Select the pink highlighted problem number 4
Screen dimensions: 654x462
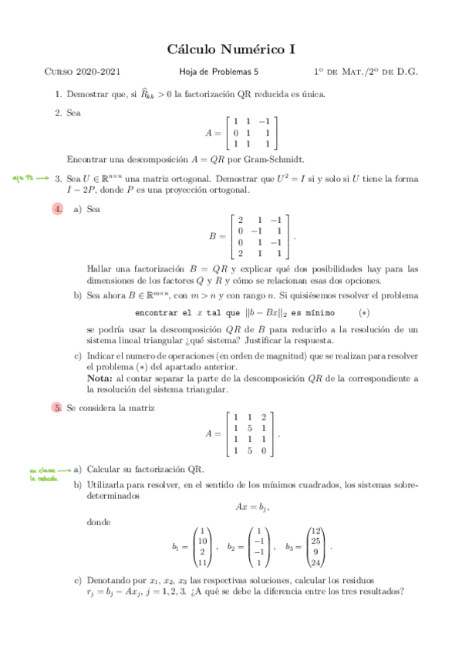coord(57,209)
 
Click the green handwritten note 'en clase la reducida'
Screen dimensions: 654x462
coord(44,473)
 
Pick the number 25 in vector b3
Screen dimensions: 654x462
coord(315,541)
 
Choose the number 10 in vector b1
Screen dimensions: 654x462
coord(203,541)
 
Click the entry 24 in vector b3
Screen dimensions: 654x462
coord(315,562)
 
